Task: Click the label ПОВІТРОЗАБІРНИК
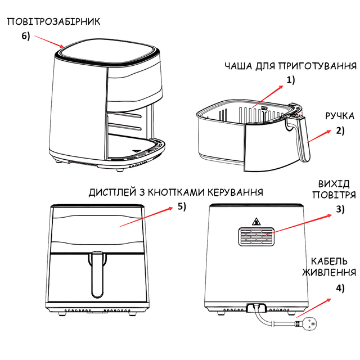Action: coord(53,21)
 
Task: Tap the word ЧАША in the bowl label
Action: coord(238,66)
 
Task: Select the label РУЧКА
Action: coord(340,117)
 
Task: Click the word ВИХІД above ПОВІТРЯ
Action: coord(334,184)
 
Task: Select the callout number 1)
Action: coord(290,80)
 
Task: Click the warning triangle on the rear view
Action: coord(258,221)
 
